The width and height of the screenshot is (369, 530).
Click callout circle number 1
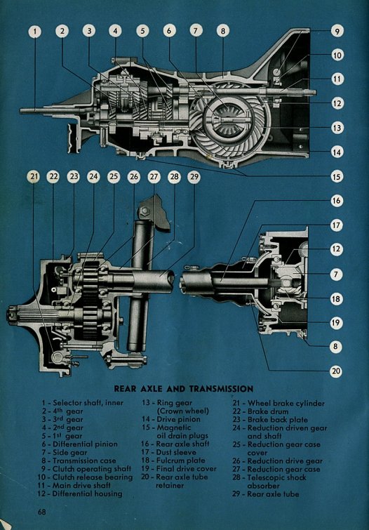(35, 32)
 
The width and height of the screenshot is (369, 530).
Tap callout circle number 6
(169, 31)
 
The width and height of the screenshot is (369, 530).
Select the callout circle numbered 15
(337, 176)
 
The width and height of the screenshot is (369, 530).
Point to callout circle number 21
(34, 177)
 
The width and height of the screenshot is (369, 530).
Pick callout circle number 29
(194, 177)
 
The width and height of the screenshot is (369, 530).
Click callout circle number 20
(336, 371)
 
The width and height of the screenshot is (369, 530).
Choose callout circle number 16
(337, 201)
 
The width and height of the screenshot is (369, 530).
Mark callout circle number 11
(337, 79)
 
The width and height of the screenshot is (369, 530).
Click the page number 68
(42, 512)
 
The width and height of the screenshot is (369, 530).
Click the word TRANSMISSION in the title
(222, 389)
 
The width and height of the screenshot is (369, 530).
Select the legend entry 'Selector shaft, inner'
(88, 403)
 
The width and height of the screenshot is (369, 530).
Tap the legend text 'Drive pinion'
(178, 420)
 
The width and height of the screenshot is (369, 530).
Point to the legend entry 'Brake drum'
(268, 411)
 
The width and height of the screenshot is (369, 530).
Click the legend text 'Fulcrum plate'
(180, 461)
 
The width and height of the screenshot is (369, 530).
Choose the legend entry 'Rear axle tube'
(273, 494)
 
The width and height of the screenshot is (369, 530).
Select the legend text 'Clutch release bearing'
(93, 477)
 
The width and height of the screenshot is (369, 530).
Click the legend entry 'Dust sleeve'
(175, 452)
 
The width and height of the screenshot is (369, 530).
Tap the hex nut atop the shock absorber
(145, 211)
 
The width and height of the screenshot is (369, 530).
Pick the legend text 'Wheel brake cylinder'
(286, 404)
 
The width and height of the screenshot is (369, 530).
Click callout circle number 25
(114, 177)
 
